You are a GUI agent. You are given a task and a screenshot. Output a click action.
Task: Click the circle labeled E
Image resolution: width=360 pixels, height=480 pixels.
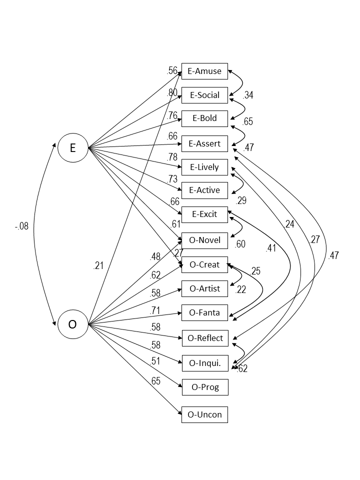click(72, 147)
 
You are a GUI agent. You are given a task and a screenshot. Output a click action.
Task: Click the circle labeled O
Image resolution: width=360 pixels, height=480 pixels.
click(72, 324)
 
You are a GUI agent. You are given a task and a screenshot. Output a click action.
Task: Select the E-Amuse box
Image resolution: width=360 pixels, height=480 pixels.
click(204, 71)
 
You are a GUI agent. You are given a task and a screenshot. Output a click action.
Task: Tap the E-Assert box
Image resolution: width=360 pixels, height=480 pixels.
click(204, 144)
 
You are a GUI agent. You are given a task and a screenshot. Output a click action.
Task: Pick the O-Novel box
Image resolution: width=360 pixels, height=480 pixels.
click(204, 240)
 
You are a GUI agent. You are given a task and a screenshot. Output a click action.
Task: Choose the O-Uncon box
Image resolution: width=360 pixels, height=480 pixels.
click(204, 414)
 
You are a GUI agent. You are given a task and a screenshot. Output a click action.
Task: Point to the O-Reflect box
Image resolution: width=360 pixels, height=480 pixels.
click(204, 338)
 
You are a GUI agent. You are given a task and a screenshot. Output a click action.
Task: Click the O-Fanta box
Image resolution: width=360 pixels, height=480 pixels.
click(204, 313)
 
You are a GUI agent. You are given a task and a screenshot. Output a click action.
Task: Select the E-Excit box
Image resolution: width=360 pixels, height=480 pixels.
click(204, 214)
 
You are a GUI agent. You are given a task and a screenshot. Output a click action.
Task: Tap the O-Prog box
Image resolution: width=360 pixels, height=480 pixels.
click(204, 387)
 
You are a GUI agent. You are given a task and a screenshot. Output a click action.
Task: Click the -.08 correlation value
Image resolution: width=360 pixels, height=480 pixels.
click(21, 226)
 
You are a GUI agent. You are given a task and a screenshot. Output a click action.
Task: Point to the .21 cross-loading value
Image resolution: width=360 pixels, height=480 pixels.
click(98, 266)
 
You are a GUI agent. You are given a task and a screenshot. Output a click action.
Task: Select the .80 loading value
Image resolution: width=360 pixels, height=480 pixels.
click(172, 92)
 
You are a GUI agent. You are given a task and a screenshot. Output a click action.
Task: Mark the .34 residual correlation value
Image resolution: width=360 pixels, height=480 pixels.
click(248, 95)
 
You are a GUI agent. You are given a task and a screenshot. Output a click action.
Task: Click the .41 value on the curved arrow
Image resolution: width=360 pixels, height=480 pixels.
click(271, 247)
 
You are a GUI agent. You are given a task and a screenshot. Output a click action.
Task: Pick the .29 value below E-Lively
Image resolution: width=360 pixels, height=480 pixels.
click(241, 201)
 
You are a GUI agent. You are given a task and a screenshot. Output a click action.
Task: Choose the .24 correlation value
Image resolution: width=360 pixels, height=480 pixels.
click(289, 224)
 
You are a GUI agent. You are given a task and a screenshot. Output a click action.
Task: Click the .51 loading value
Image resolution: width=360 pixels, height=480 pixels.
click(156, 361)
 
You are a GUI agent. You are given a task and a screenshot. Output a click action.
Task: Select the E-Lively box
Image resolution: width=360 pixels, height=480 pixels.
click(204, 166)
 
